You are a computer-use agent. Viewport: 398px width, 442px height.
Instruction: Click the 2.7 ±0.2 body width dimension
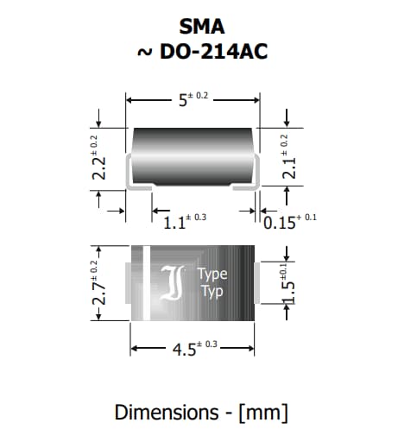[x=100, y=281]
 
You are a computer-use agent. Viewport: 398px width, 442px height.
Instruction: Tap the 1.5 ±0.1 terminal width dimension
[x=291, y=281]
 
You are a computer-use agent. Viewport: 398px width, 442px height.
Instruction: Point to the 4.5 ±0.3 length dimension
[x=191, y=350]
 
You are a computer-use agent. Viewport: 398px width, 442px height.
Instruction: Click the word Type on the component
[x=212, y=275]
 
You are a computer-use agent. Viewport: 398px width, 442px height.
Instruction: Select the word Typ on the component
[x=212, y=292]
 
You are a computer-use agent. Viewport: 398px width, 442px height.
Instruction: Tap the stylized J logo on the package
[x=174, y=282]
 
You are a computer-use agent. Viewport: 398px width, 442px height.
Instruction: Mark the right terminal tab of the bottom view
[x=256, y=281]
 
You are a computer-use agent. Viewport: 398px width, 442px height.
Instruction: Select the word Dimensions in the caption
[x=167, y=412]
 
